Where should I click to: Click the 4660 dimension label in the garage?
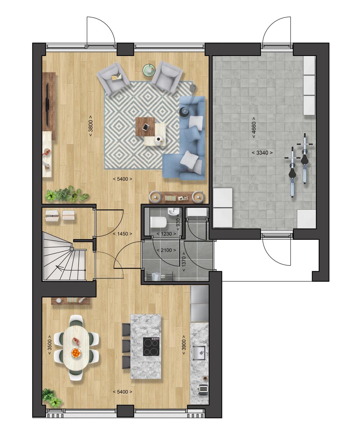click(x=254, y=127)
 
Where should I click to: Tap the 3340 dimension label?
click(x=262, y=153)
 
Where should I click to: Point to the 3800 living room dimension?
click(x=91, y=126)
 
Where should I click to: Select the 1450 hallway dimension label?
click(x=123, y=234)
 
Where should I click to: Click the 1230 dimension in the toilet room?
click(x=166, y=234)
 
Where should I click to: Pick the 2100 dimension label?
click(x=166, y=250)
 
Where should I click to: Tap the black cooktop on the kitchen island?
click(x=152, y=346)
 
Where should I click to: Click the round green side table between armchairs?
click(x=149, y=69)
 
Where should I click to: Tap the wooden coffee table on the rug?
click(x=145, y=127)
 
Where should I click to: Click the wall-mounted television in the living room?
click(x=47, y=104)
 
